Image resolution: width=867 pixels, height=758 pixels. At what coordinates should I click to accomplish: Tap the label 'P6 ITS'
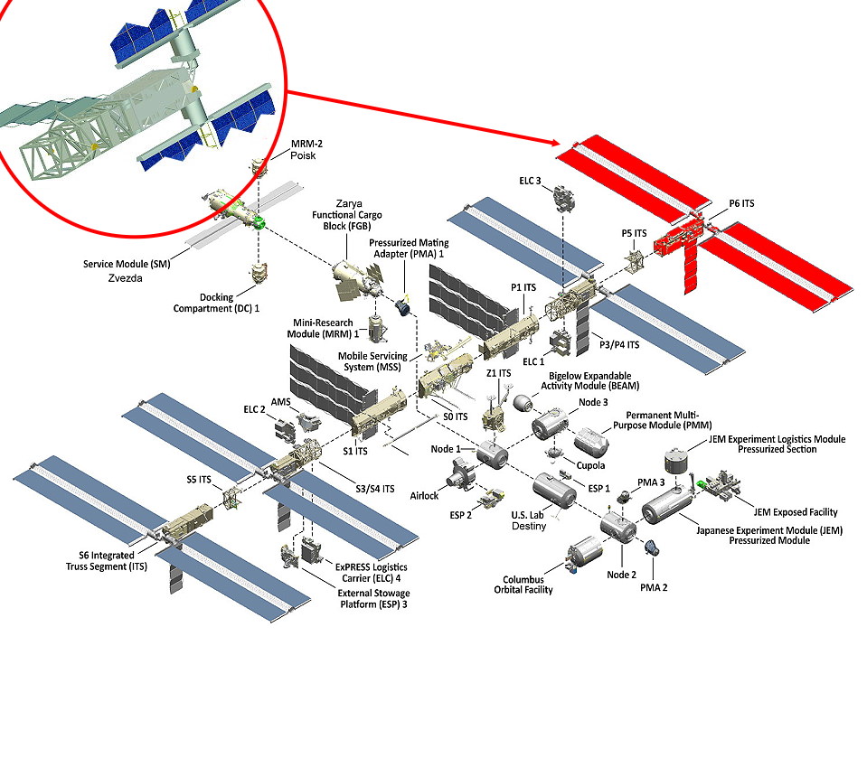(741, 204)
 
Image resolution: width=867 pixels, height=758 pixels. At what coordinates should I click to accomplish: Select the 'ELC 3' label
(531, 181)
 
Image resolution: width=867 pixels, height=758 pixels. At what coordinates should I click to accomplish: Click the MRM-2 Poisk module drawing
(259, 168)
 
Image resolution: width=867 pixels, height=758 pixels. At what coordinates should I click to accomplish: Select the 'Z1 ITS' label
(499, 372)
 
